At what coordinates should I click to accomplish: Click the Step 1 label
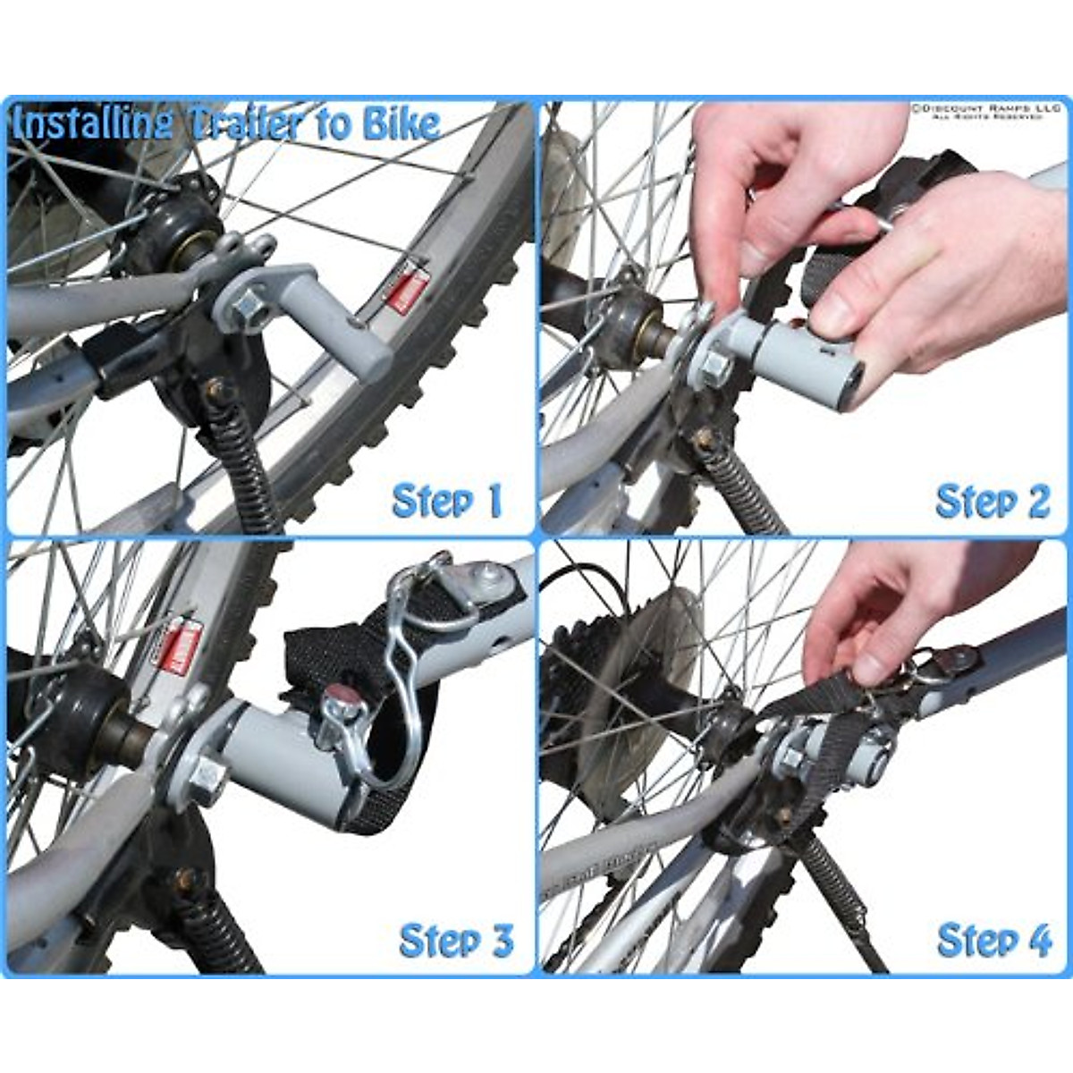[447, 501]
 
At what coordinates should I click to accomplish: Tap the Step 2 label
[993, 501]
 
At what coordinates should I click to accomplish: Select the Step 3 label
[456, 941]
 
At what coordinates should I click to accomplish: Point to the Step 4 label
[994, 941]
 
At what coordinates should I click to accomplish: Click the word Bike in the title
[401, 123]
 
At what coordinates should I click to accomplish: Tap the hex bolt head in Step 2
[716, 368]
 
